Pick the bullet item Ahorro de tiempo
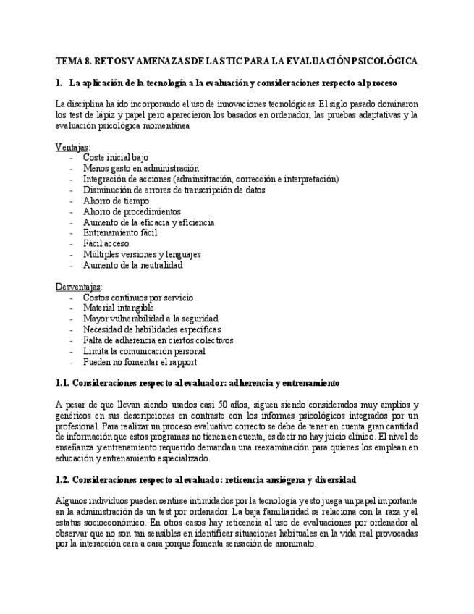point(116,201)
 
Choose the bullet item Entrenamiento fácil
point(120,233)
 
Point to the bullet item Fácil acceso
point(106,244)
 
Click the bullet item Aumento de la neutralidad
point(132,265)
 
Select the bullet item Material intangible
point(118,308)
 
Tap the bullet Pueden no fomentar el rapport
point(140,362)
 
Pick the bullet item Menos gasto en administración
point(140,168)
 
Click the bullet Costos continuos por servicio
point(137,298)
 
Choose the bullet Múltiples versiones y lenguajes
point(142,254)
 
